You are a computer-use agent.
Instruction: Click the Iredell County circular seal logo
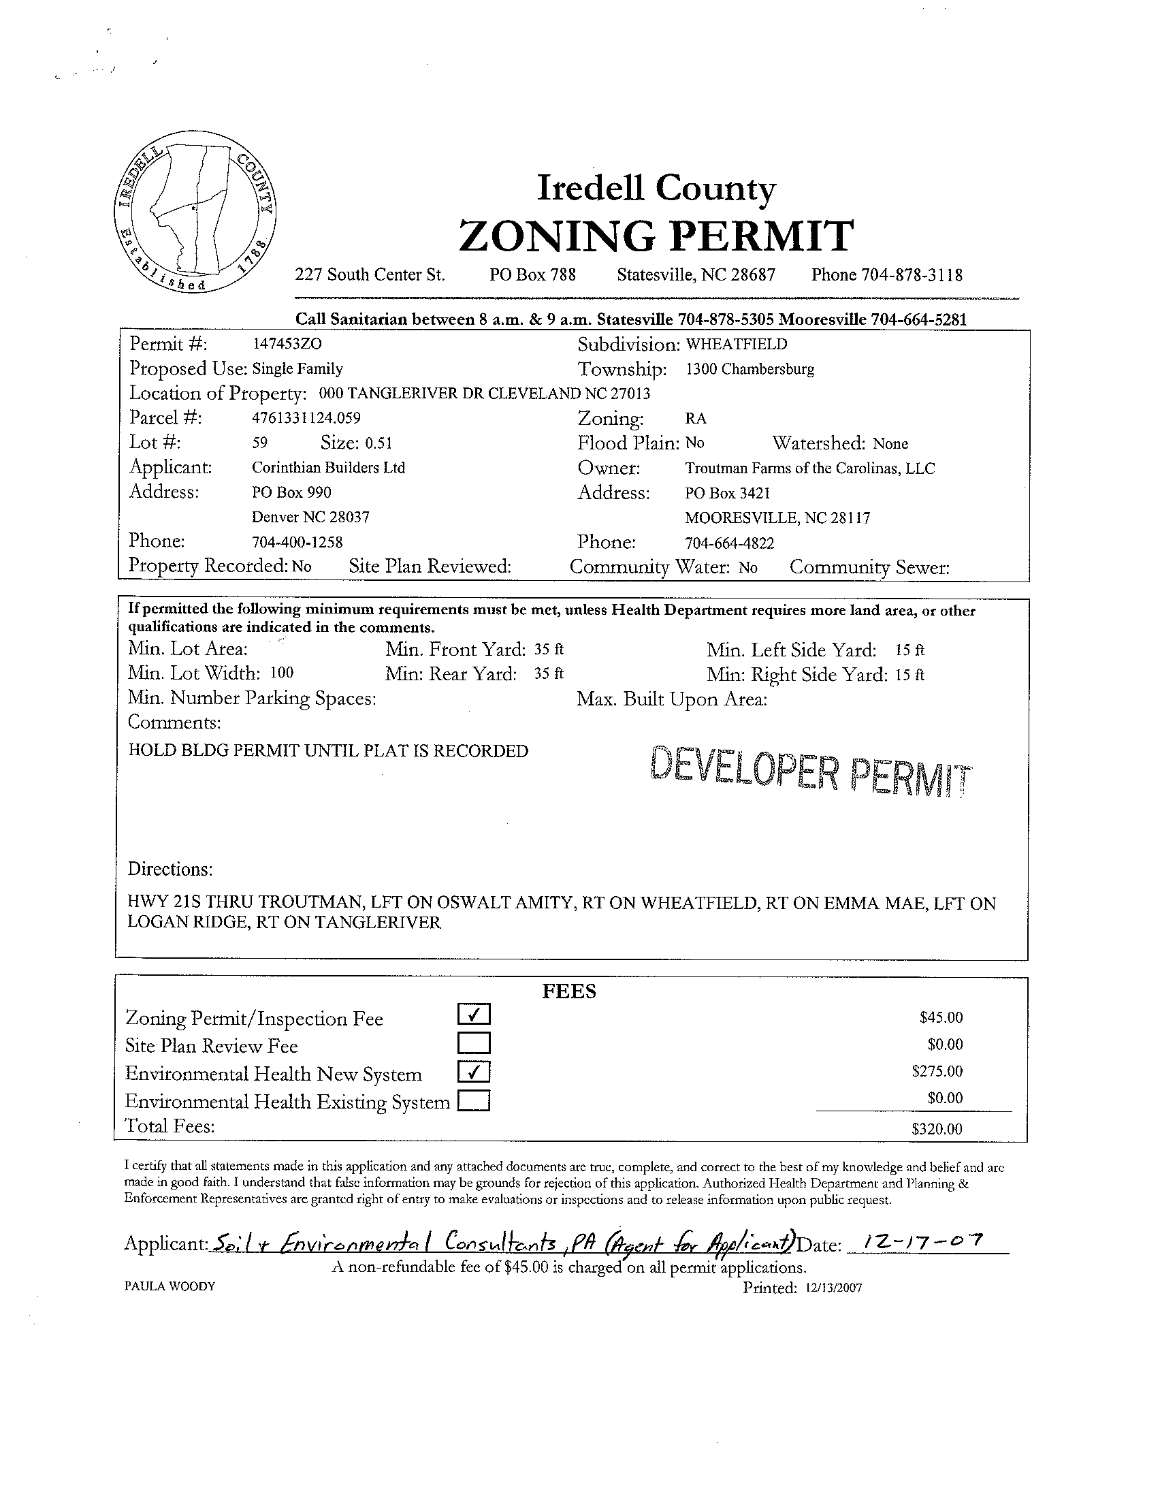pyautogui.click(x=197, y=219)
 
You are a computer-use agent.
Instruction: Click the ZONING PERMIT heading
pyautogui.click(x=656, y=235)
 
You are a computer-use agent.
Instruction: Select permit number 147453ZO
pyautogui.click(x=287, y=344)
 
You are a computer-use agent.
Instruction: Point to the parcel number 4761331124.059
pyautogui.click(x=306, y=418)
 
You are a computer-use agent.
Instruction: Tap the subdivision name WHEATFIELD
pyautogui.click(x=736, y=344)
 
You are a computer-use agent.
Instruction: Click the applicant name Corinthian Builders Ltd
pyautogui.click(x=329, y=468)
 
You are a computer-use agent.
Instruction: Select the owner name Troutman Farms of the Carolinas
pyautogui.click(x=809, y=468)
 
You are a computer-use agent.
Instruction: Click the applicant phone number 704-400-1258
pyautogui.click(x=297, y=543)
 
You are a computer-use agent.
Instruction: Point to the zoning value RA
pyautogui.click(x=695, y=419)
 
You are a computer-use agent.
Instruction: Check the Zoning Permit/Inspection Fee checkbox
pyautogui.click(x=474, y=1015)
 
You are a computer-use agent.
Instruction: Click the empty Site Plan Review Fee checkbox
pyautogui.click(x=474, y=1043)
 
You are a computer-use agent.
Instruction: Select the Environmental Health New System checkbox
pyautogui.click(x=474, y=1070)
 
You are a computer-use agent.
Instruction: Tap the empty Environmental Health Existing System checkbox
pyautogui.click(x=474, y=1100)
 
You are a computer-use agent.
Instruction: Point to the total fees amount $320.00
pyautogui.click(x=937, y=1129)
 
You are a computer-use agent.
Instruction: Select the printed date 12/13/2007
pyautogui.click(x=833, y=1288)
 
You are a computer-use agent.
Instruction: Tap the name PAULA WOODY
pyautogui.click(x=170, y=1286)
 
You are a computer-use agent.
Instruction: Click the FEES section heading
pyautogui.click(x=569, y=991)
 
